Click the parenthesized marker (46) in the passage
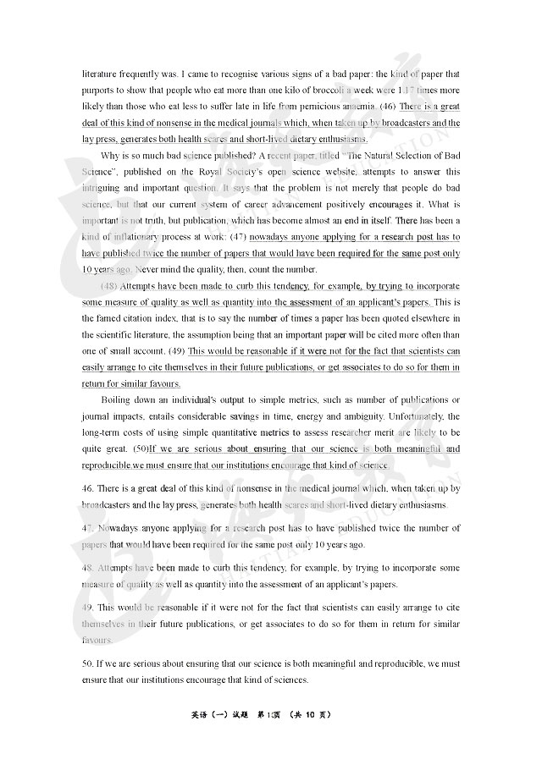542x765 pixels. [388, 107]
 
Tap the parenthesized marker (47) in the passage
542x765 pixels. [239, 237]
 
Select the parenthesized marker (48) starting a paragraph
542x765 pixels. [109, 286]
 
